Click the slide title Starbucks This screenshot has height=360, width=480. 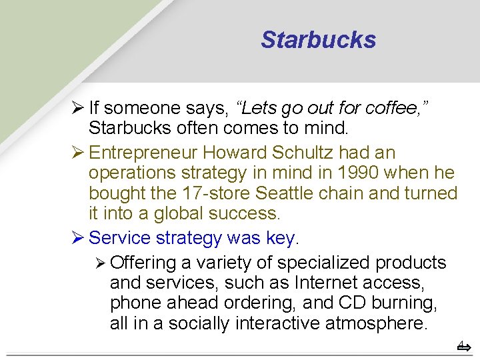coord(318,40)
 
